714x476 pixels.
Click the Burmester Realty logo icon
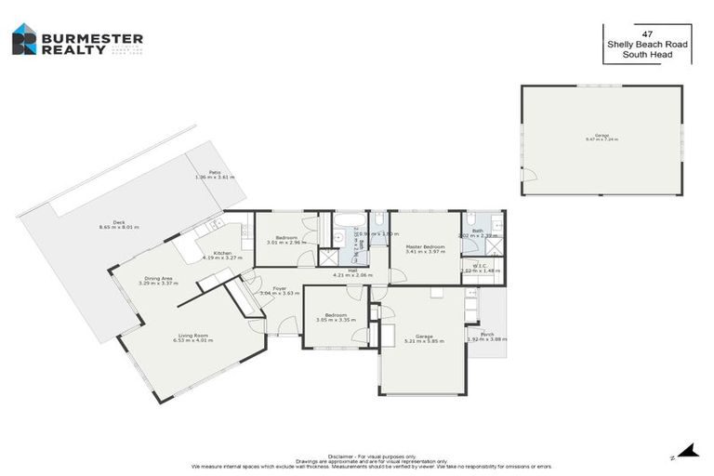[24, 39]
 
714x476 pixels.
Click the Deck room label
[119, 222]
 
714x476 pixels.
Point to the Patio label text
[214, 172]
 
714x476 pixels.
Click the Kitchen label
[222, 253]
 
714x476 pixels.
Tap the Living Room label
[193, 336]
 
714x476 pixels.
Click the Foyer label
[279, 288]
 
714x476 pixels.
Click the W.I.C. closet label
[480, 266]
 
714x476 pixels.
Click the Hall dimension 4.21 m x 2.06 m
[353, 275]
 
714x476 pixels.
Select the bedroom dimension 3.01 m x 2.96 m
[286, 242]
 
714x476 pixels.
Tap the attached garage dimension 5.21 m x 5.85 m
[425, 340]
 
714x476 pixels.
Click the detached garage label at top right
[602, 135]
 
